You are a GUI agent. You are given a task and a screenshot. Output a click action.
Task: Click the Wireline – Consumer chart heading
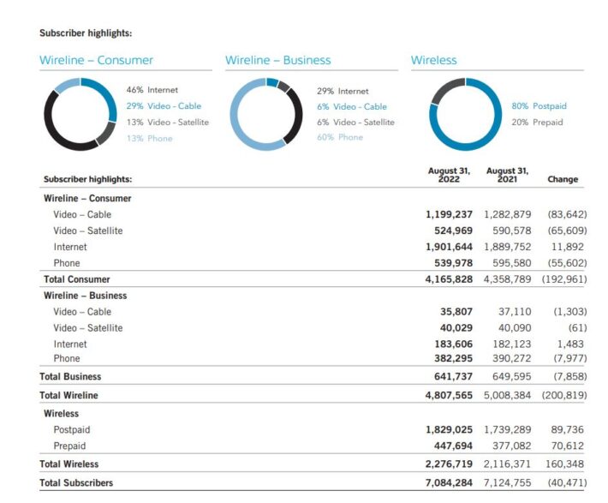click(x=97, y=60)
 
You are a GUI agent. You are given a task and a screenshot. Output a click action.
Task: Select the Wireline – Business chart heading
click(x=277, y=60)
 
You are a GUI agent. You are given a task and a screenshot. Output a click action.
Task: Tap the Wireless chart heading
click(x=434, y=60)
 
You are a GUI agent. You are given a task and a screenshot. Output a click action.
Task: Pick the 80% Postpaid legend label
click(x=539, y=106)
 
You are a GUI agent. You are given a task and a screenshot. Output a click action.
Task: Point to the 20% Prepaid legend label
click(x=537, y=123)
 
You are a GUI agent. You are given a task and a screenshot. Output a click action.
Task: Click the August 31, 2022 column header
click(x=449, y=175)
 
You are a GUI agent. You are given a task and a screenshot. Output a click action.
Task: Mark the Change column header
click(x=563, y=179)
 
